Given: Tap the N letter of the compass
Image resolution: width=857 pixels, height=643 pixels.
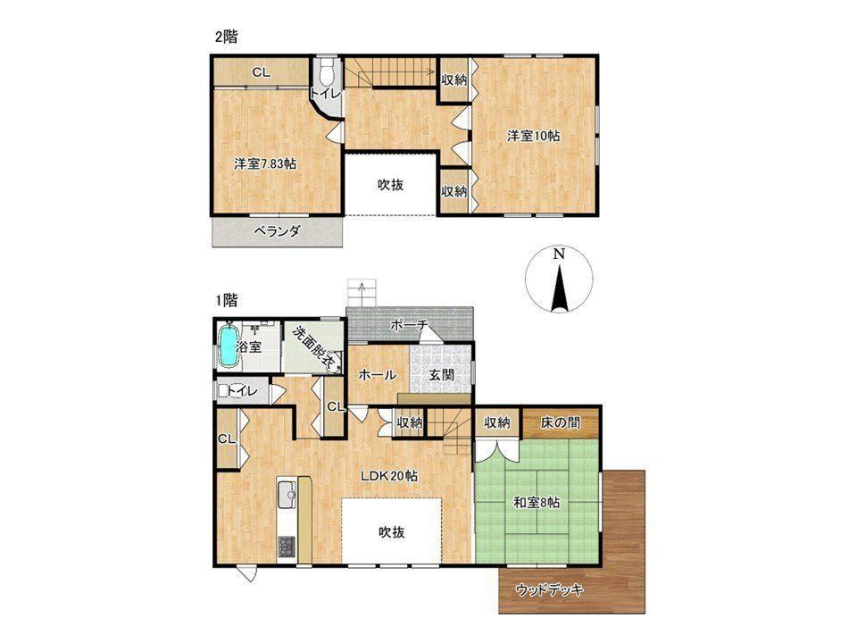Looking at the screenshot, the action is pos(558,254).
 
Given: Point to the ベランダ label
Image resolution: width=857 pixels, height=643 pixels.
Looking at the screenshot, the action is pos(277,231).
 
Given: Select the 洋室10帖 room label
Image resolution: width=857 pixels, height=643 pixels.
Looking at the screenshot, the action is pos(533,136).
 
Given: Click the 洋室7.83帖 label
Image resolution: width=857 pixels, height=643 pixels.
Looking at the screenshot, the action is pos(265,163).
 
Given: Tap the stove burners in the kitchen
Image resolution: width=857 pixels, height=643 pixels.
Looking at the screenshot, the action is pos(287,547).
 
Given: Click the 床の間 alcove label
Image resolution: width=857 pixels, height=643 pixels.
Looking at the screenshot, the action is pos(561,422).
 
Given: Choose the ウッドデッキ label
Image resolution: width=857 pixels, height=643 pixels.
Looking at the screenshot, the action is pos(549,590).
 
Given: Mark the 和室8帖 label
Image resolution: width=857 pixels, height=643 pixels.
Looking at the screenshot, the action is pos(537,503).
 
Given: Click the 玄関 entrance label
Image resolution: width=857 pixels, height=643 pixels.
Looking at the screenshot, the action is pos(440,375).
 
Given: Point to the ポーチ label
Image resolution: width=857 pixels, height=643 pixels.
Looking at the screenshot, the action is pos(408,325).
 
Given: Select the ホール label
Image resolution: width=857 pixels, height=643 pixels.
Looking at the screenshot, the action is pos(377,375).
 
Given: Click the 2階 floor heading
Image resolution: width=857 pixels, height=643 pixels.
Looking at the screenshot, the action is pos(226,38).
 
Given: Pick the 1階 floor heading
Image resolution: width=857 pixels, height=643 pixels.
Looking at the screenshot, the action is pos(226,300).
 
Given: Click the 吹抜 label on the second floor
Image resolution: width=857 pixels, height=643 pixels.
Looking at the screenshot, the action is pos(391,186).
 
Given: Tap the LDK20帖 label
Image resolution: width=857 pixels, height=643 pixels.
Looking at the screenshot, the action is pos(389,476).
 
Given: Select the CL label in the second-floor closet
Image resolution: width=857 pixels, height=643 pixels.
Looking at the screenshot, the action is pos(262,72).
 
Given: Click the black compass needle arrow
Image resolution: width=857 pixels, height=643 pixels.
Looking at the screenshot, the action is pos(559,288).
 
